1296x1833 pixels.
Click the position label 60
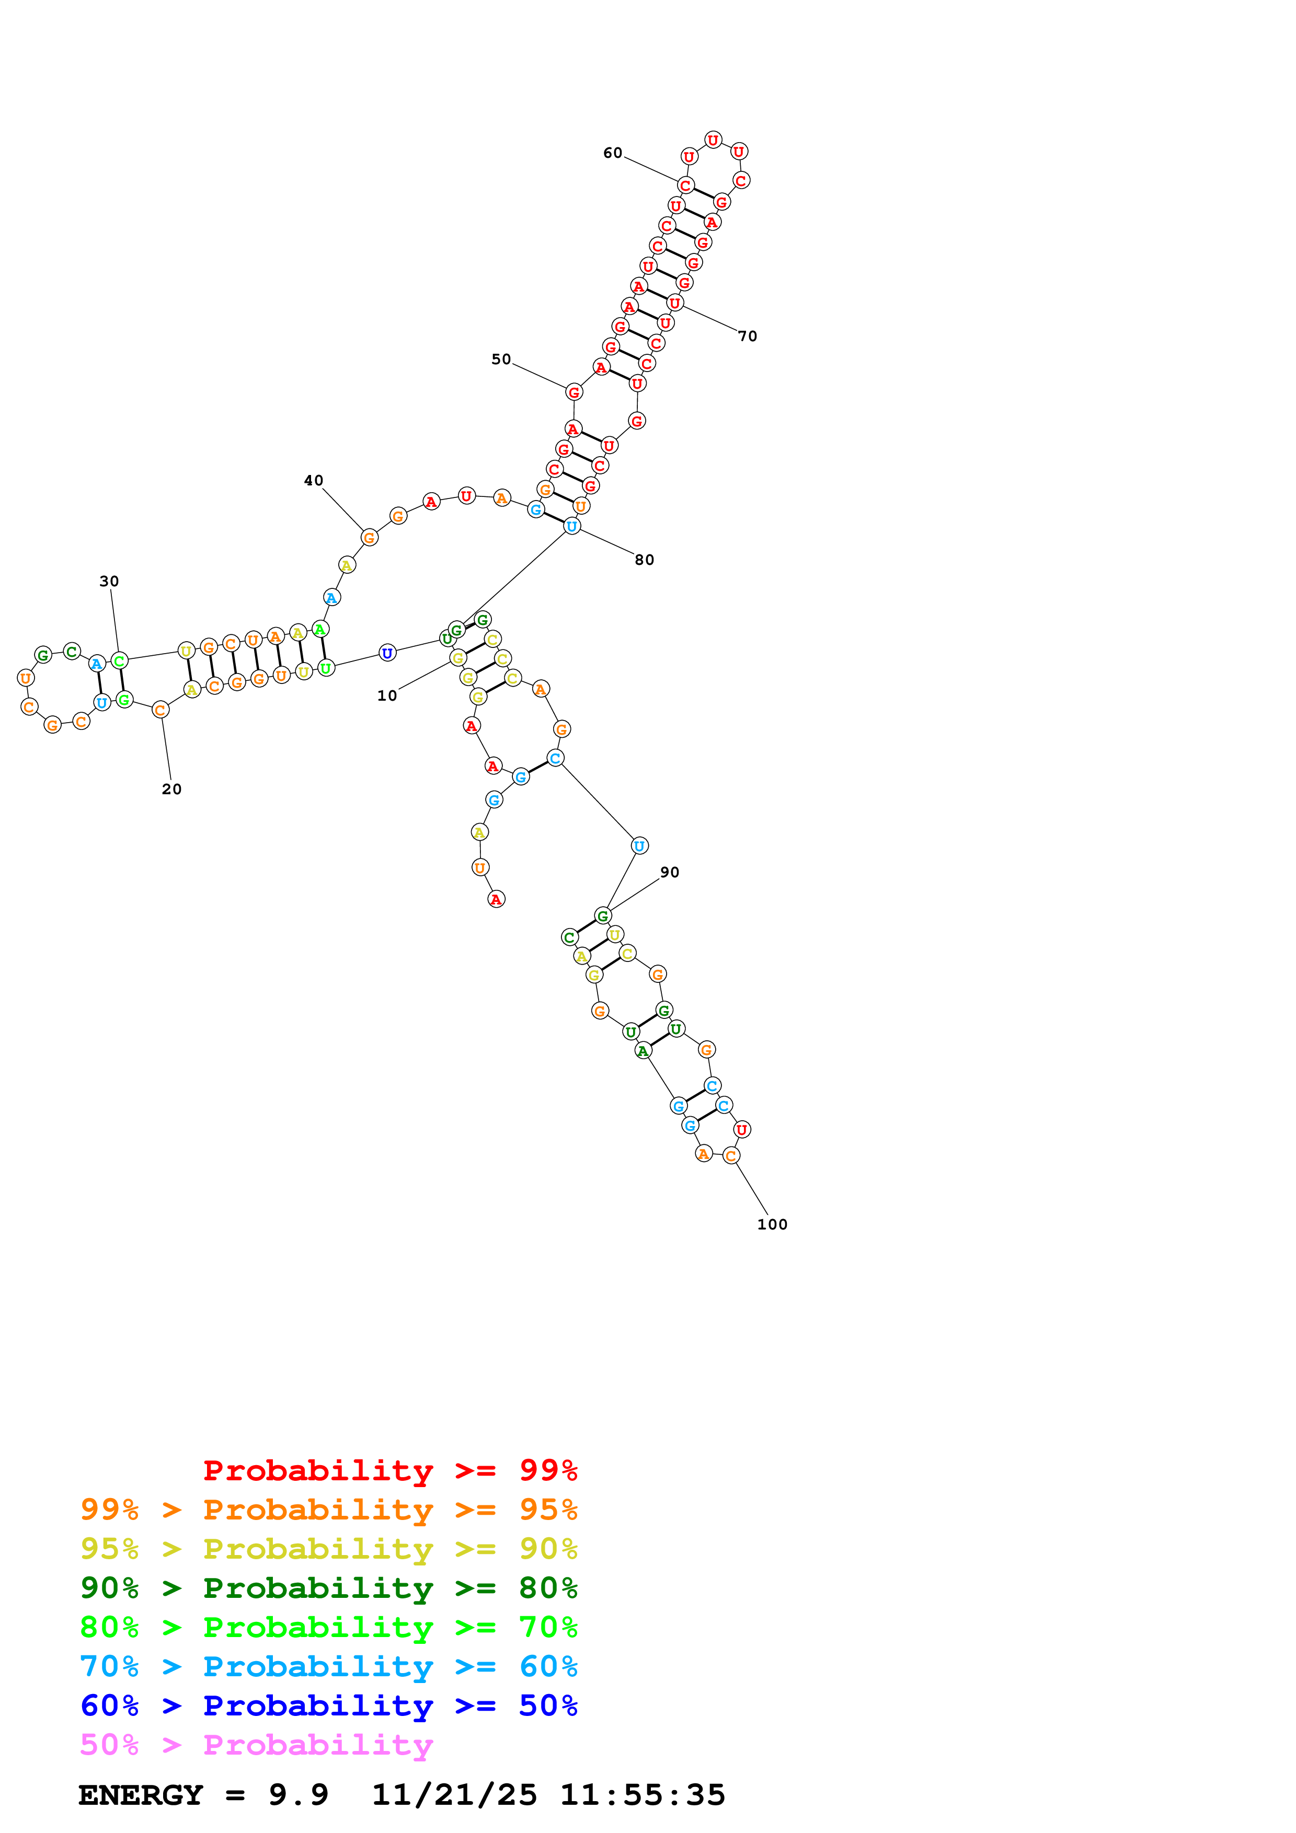tap(613, 153)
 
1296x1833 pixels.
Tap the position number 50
tap(501, 359)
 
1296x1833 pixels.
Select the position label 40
tap(313, 481)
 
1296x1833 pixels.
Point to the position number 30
tap(109, 581)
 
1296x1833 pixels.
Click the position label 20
tap(171, 790)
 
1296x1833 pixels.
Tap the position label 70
tap(748, 336)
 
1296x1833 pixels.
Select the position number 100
tap(772, 1225)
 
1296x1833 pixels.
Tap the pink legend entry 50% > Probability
tap(256, 1745)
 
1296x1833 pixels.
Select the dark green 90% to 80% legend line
tap(329, 1588)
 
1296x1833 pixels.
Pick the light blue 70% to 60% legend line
tap(329, 1667)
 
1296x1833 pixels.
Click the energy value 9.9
tap(298, 1795)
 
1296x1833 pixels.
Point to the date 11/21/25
tap(454, 1795)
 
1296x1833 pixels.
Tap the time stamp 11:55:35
tap(643, 1795)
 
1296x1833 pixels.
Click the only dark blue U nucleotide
tap(387, 653)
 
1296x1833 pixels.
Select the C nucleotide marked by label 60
tap(685, 185)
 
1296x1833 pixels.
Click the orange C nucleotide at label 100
tap(731, 1155)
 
